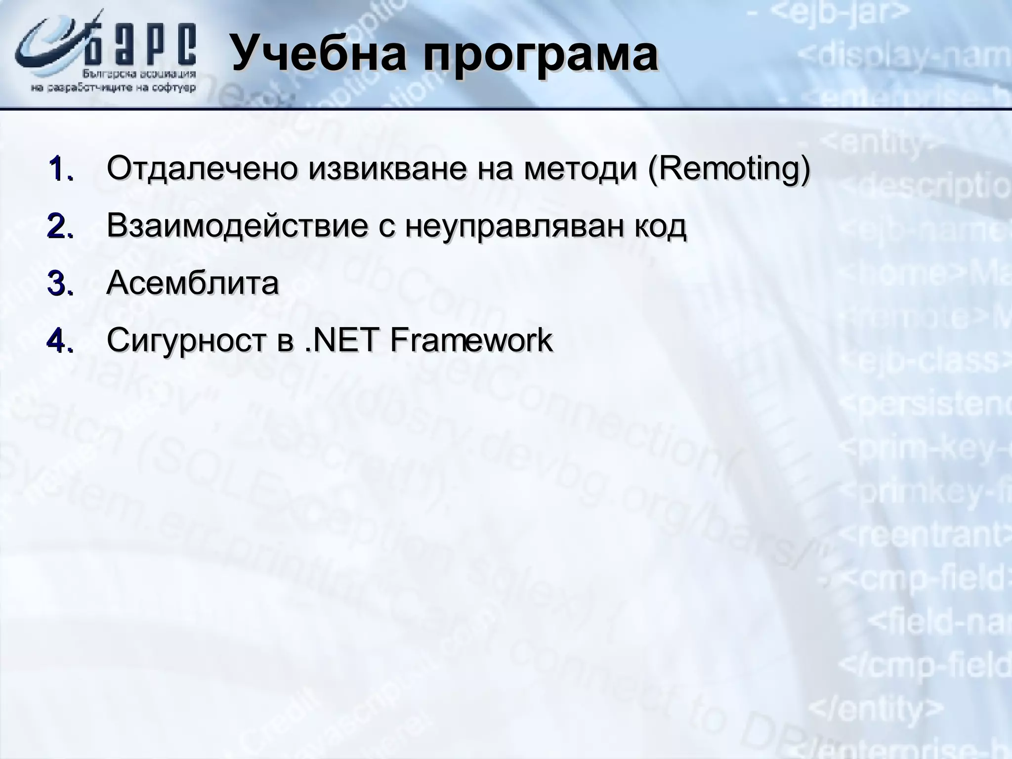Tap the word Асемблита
(x=193, y=283)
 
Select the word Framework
(x=471, y=340)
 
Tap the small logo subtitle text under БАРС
(x=114, y=82)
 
